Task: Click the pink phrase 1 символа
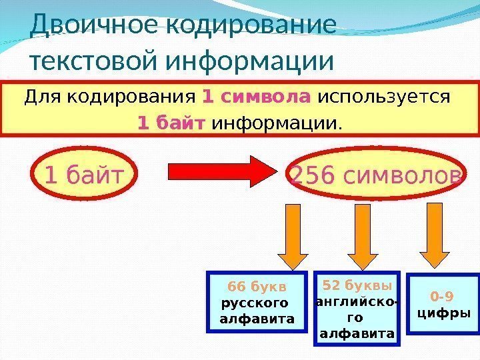point(257,98)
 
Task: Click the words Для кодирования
point(111,98)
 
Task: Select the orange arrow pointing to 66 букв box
point(289,236)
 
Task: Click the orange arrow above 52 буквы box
point(363,236)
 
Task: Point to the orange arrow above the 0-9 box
point(437,236)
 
